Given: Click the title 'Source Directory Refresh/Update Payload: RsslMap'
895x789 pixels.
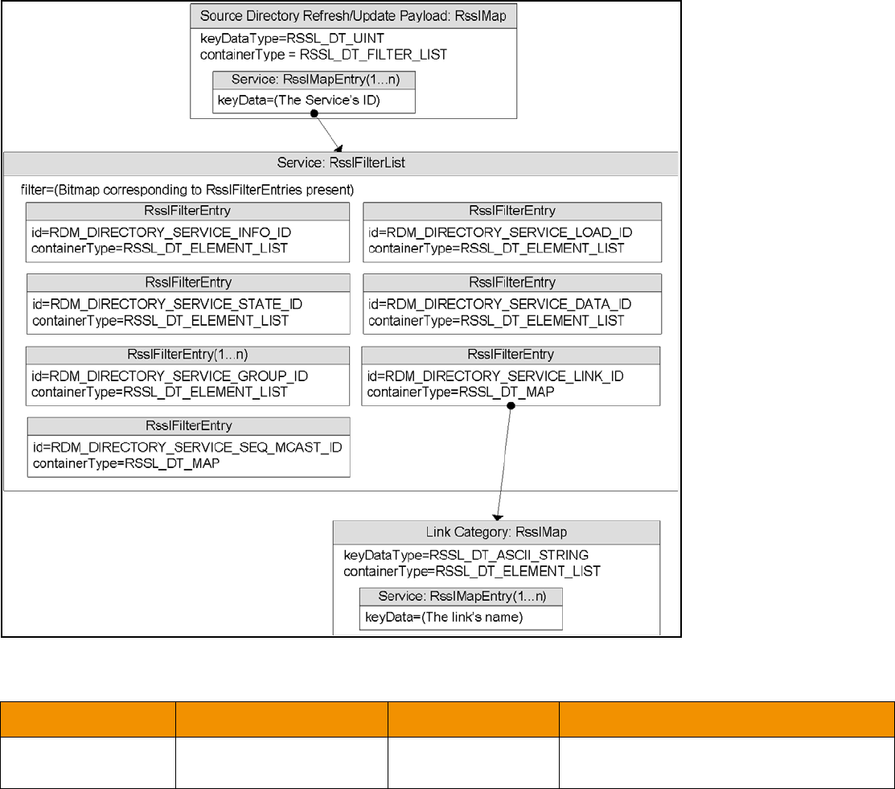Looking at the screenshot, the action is click(x=353, y=15).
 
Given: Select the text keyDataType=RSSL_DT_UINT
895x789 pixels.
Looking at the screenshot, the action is click(x=270, y=39).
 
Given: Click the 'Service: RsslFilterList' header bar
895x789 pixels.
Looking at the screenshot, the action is click(x=341, y=162).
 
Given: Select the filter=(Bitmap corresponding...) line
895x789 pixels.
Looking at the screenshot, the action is click(x=187, y=191).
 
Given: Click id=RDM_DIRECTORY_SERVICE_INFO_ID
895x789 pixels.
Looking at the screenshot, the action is click(x=161, y=232).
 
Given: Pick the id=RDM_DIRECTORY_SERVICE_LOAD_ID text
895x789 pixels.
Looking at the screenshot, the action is click(x=500, y=232).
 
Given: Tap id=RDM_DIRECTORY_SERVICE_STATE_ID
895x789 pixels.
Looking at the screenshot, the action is click(x=166, y=305).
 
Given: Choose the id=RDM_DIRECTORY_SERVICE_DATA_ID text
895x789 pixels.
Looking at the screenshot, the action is click(x=499, y=304).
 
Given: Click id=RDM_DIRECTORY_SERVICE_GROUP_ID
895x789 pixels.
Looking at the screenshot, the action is click(x=170, y=376).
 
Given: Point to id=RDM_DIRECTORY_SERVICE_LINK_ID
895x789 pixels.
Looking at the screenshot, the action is click(x=495, y=376).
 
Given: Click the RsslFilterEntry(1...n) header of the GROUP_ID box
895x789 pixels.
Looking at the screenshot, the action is click(x=187, y=354).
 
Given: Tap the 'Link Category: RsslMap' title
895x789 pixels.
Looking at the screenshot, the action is click(x=496, y=532).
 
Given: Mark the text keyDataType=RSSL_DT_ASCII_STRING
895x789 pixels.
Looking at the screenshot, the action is click(x=466, y=555).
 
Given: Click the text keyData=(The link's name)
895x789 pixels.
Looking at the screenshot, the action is click(x=444, y=618).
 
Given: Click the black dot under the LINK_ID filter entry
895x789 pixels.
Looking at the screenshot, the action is click(x=511, y=405).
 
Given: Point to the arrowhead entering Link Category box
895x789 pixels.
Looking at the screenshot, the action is click(x=496, y=516).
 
